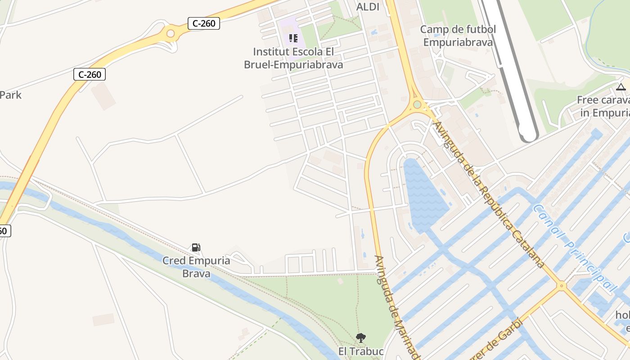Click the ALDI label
tap(368, 7)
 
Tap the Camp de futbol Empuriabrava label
tap(458, 36)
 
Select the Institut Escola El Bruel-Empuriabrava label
tap(293, 58)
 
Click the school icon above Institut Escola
tap(293, 38)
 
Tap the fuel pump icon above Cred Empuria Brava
tap(196, 247)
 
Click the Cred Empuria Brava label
tap(196, 267)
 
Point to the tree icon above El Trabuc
tap(360, 337)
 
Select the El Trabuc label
tap(361, 351)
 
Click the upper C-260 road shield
tap(203, 23)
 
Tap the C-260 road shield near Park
tap(90, 74)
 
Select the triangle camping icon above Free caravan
tap(621, 87)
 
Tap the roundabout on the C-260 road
tap(170, 33)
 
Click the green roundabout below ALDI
tap(417, 105)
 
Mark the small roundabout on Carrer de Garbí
tap(561, 285)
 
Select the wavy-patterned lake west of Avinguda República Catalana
tap(423, 193)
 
